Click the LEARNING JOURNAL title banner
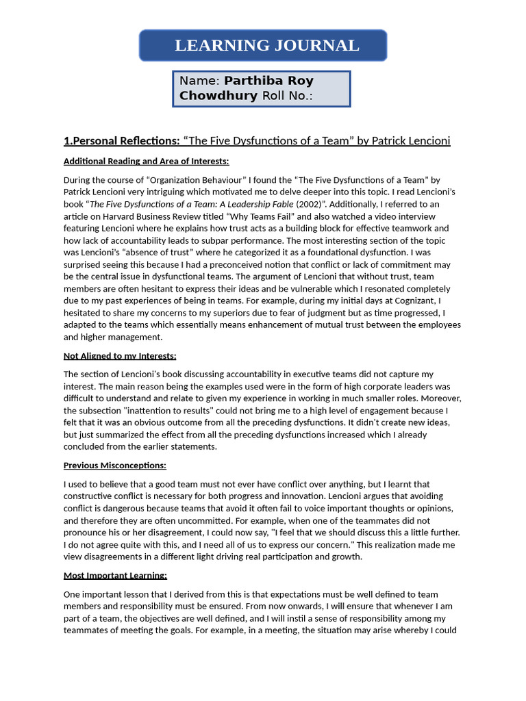[263, 46]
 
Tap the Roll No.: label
[287, 96]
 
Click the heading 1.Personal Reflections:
[121, 141]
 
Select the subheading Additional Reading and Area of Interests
[146, 162]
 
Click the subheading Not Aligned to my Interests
[120, 356]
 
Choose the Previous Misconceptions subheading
[114, 466]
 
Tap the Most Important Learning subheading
[115, 575]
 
